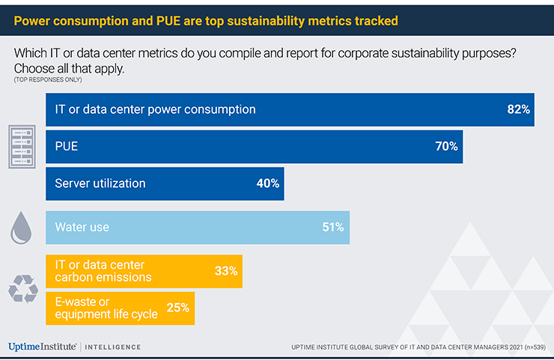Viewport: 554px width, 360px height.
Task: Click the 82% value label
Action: (x=518, y=109)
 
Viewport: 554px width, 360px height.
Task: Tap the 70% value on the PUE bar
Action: (x=446, y=147)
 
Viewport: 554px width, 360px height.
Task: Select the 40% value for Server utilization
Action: (x=267, y=183)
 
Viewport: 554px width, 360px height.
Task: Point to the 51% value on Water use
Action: (x=333, y=228)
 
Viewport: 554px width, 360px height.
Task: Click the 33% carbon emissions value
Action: (x=226, y=271)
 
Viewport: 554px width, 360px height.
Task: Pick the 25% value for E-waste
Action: (x=177, y=308)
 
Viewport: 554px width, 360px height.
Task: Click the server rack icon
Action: (x=22, y=146)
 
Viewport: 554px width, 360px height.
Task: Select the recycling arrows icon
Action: (x=22, y=289)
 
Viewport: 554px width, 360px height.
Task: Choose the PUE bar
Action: (x=255, y=147)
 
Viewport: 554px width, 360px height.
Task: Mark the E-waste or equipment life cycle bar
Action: (x=120, y=308)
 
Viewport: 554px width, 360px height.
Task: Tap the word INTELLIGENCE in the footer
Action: (x=112, y=347)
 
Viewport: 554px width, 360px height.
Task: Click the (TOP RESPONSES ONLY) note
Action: (x=47, y=79)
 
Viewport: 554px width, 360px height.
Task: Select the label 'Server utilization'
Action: (x=100, y=183)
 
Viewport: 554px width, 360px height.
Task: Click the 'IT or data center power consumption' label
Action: (x=155, y=109)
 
